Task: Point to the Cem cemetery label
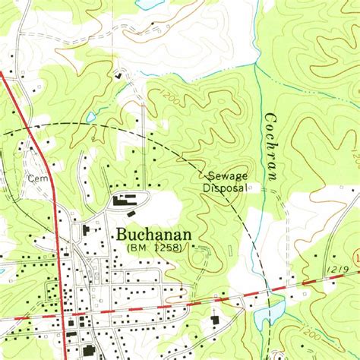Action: click(x=36, y=178)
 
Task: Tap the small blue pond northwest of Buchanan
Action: click(x=91, y=117)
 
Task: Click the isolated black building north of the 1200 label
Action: click(x=119, y=75)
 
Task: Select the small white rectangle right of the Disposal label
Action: click(x=253, y=188)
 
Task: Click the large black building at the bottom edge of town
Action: click(x=88, y=351)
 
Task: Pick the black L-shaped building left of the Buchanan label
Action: click(x=86, y=229)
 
